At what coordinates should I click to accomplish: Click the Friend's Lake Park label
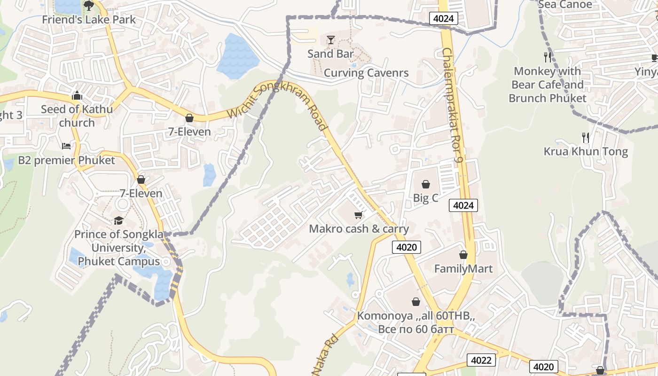click(89, 20)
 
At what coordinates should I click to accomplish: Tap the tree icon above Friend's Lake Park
click(88, 6)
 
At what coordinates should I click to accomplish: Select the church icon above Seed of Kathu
click(77, 96)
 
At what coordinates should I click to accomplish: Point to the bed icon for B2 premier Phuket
click(66, 146)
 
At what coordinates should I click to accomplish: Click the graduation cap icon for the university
click(118, 220)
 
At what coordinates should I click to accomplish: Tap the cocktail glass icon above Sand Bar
click(331, 40)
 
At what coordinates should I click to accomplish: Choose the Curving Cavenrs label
click(366, 73)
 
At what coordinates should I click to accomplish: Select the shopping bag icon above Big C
click(426, 184)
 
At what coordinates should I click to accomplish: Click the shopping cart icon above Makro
click(359, 215)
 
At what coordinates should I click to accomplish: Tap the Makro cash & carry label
click(359, 229)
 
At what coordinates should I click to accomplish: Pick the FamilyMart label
click(463, 269)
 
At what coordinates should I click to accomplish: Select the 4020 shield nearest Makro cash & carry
click(406, 247)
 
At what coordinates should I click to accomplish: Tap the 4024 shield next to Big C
click(463, 205)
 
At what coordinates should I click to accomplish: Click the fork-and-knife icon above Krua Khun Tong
click(586, 138)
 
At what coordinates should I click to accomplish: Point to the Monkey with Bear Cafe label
click(548, 85)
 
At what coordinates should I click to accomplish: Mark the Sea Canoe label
click(565, 5)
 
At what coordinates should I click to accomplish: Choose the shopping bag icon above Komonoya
click(416, 302)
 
